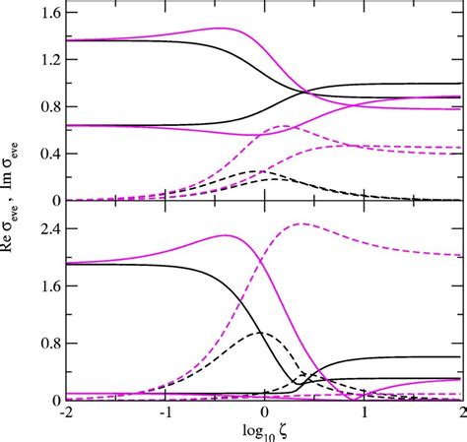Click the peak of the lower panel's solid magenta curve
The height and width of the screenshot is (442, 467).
point(226,235)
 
